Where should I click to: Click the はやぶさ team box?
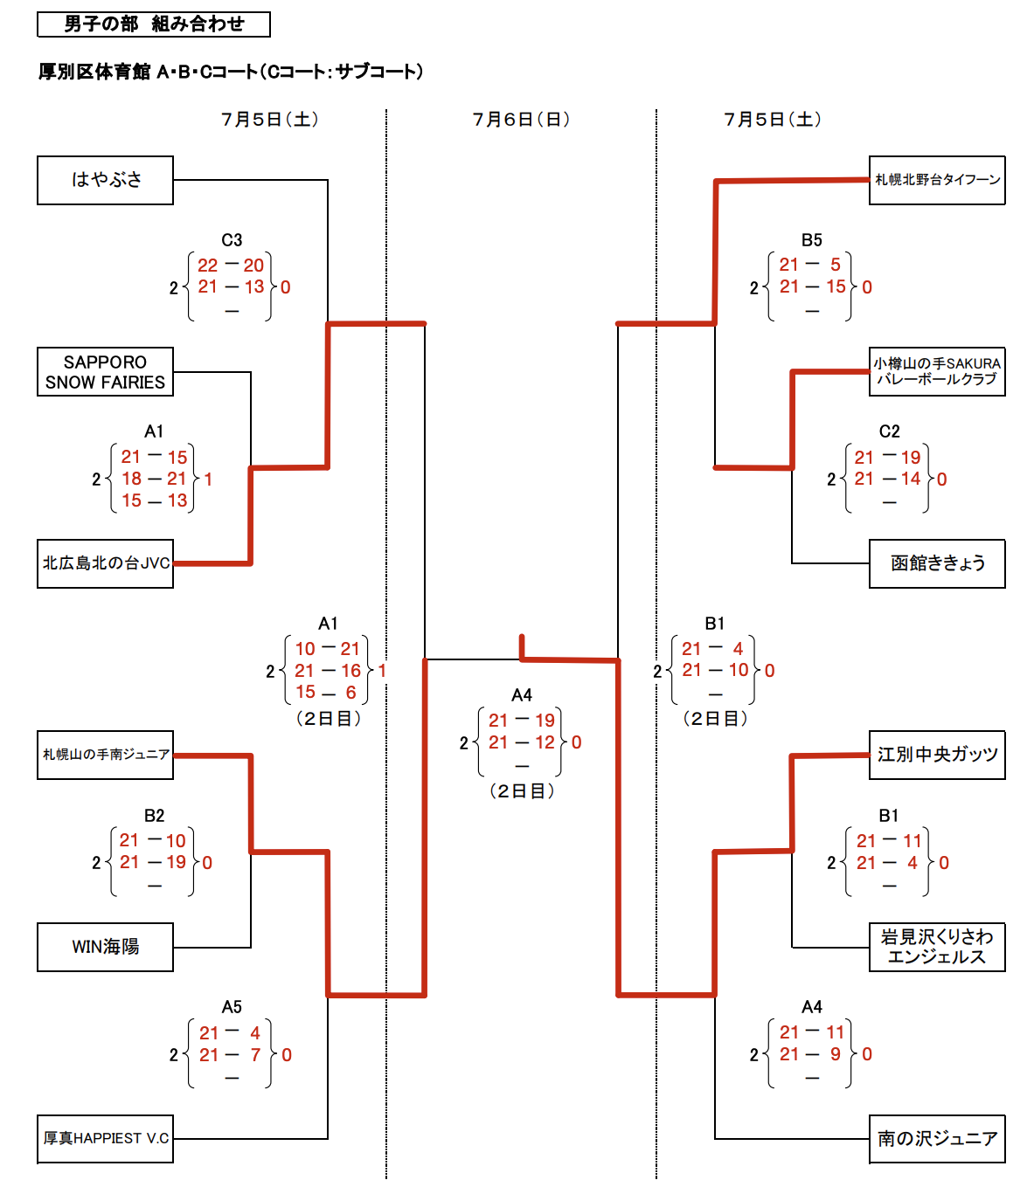tap(105, 180)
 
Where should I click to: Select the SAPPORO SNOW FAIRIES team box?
tap(105, 372)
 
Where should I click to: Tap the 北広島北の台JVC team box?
tap(105, 563)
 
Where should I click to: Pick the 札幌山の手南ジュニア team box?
tap(105, 755)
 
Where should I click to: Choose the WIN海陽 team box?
tap(105, 947)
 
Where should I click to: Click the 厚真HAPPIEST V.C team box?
tap(105, 1138)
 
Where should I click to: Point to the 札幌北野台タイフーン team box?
tap(937, 180)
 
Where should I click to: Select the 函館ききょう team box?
tap(937, 563)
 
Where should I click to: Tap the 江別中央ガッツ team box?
tap(937, 755)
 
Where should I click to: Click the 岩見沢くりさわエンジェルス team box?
tap(937, 947)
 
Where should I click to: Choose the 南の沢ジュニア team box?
tap(937, 1138)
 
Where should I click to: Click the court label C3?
tap(232, 240)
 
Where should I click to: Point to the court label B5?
tap(812, 240)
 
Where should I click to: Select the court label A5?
tap(232, 1007)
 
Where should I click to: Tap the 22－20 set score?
tap(231, 265)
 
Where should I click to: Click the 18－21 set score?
tap(154, 479)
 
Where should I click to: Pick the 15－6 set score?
tap(327, 692)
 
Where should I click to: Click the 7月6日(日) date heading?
tap(521, 120)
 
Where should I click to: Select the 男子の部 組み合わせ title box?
tap(154, 24)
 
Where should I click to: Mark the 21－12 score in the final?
tap(521, 742)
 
